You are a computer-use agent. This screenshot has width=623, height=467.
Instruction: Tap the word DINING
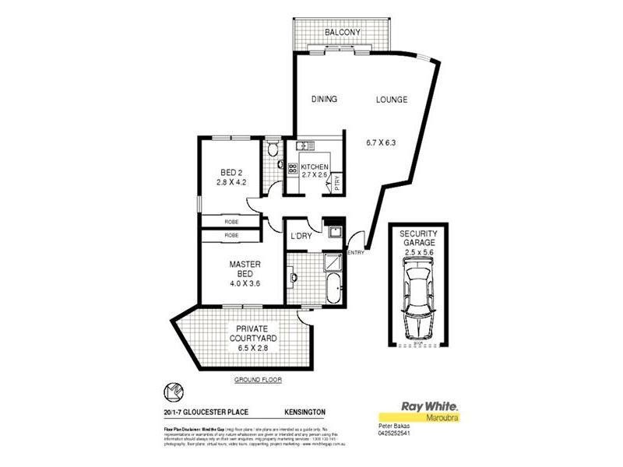324,100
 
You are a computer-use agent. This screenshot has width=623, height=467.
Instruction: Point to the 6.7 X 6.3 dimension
382,142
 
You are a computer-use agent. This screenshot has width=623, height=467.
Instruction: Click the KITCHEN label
315,167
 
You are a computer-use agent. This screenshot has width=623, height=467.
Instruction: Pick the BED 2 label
231,173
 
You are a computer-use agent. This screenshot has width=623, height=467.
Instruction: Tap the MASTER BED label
244,269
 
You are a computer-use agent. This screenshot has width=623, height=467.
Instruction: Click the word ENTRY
354,252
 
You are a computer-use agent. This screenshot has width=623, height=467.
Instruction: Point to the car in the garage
418,297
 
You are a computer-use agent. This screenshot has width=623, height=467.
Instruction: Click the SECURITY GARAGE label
419,238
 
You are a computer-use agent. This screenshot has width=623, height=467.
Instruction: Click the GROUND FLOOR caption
258,380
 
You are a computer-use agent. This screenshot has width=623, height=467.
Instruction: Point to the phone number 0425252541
396,434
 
